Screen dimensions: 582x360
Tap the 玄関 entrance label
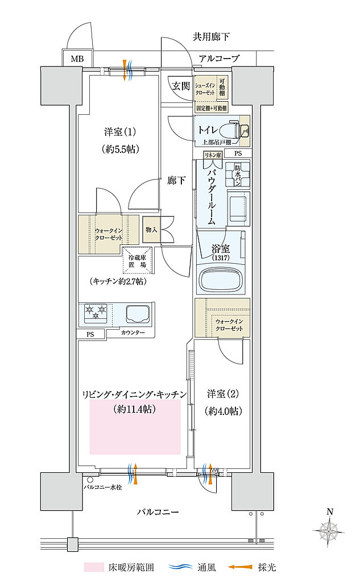[180, 86]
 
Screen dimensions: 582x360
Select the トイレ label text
[208, 130]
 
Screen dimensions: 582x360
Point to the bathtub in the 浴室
[222, 279]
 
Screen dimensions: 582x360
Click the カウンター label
[133, 332]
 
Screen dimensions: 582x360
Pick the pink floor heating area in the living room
[135, 426]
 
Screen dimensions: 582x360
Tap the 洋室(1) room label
[119, 132]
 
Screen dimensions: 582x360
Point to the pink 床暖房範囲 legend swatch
[93, 567]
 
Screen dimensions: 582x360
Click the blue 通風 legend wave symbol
[181, 567]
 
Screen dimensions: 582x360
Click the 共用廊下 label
[211, 38]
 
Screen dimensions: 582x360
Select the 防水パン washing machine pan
[237, 176]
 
